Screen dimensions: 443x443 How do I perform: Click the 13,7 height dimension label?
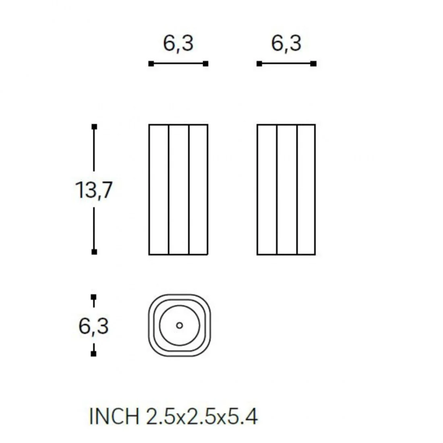(94, 190)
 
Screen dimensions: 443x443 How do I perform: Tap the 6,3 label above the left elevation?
(178, 43)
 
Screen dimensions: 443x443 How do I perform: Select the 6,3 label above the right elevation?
(286, 43)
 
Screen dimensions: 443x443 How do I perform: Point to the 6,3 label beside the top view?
(93, 326)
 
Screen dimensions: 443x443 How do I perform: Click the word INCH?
(114, 416)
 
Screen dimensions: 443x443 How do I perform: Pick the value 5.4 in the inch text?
(242, 416)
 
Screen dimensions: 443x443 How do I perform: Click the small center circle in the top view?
(179, 325)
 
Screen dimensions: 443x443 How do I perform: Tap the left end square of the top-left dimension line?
(151, 64)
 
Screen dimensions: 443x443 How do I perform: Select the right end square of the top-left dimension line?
(206, 64)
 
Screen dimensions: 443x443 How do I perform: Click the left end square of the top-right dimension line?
(259, 64)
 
